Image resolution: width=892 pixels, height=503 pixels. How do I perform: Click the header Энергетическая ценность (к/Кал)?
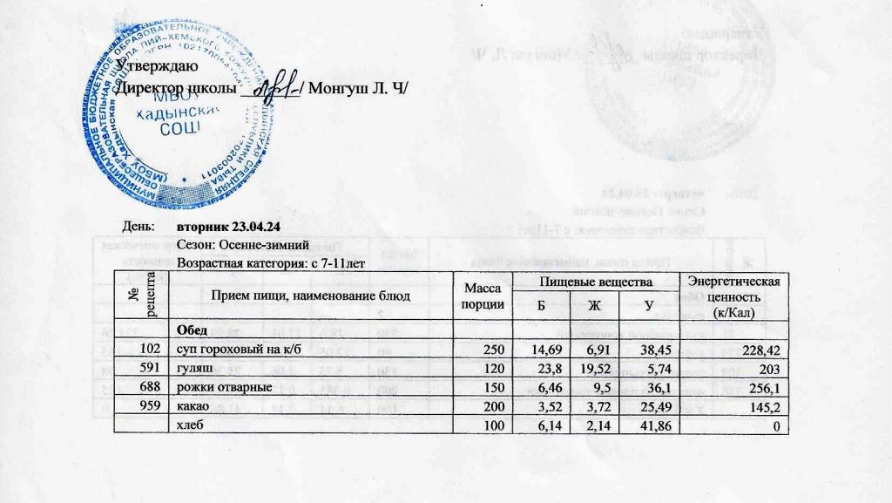738,296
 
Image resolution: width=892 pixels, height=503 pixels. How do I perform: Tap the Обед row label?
193,330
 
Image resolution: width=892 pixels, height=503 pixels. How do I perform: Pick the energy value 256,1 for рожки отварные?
760,387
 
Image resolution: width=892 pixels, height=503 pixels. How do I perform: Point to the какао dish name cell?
193,405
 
